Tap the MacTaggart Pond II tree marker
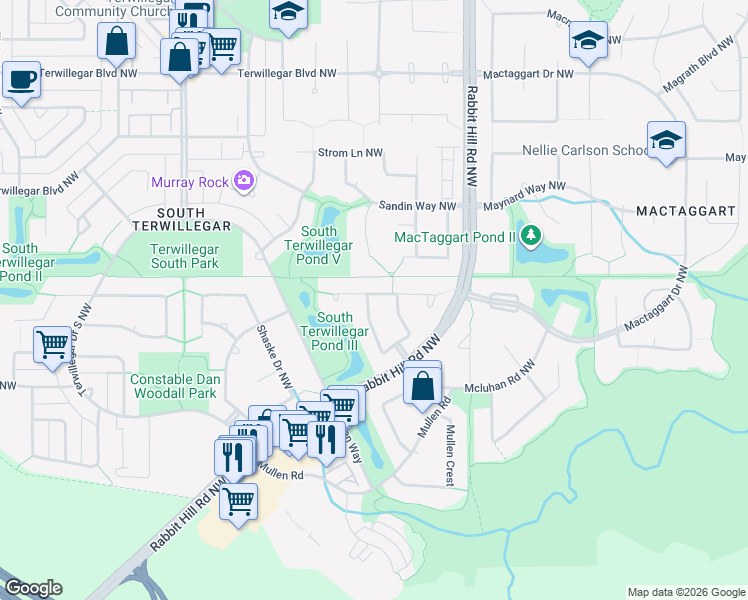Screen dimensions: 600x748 532,237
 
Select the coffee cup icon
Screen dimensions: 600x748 21,79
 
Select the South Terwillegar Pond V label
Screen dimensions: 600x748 319,245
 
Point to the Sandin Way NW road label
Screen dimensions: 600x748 417,206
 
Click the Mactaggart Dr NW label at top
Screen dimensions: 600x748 528,74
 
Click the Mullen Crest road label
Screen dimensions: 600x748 452,455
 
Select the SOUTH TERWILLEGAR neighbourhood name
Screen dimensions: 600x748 182,213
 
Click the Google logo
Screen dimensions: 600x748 32,588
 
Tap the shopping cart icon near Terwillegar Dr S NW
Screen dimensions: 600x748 52,345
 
